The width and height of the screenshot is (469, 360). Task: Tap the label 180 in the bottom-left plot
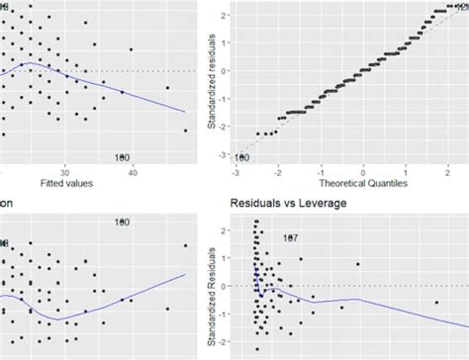[122, 223]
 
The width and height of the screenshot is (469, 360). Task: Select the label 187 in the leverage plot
[291, 238]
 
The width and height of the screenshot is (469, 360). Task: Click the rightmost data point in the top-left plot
[185, 131]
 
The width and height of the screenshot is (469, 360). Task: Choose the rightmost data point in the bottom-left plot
[185, 245]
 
